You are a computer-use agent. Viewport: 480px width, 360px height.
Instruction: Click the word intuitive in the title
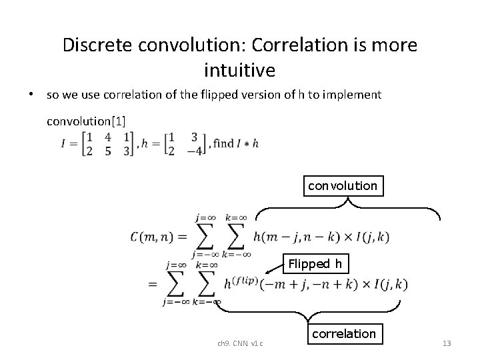coord(239,68)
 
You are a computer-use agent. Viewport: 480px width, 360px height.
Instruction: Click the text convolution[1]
coord(86,121)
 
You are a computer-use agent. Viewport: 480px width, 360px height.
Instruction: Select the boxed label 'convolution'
coord(342,186)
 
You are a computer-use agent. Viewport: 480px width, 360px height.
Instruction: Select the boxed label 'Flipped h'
coord(315,264)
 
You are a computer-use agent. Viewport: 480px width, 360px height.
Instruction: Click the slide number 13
coord(447,343)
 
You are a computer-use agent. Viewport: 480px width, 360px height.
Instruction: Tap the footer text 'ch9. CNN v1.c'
coord(240,343)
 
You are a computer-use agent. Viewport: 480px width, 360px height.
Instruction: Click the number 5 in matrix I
coord(107,151)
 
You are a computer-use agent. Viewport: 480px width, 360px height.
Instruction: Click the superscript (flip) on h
coord(244,279)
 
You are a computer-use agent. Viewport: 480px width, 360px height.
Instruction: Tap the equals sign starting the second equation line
coord(153,284)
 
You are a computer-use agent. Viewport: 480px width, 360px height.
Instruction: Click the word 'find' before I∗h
coord(224,143)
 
